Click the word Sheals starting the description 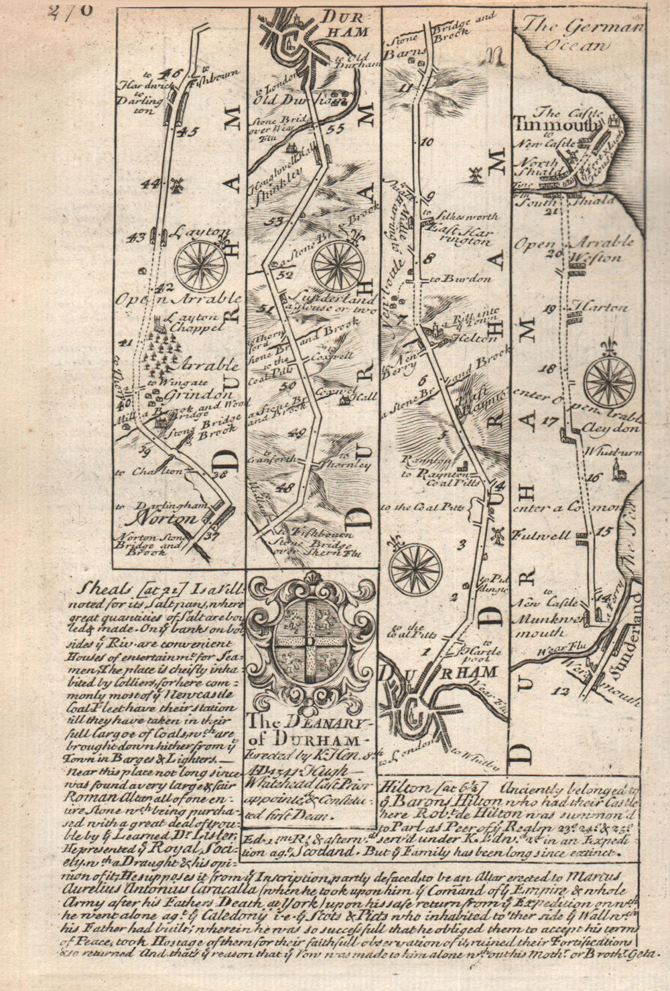pyautogui.click(x=98, y=587)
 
